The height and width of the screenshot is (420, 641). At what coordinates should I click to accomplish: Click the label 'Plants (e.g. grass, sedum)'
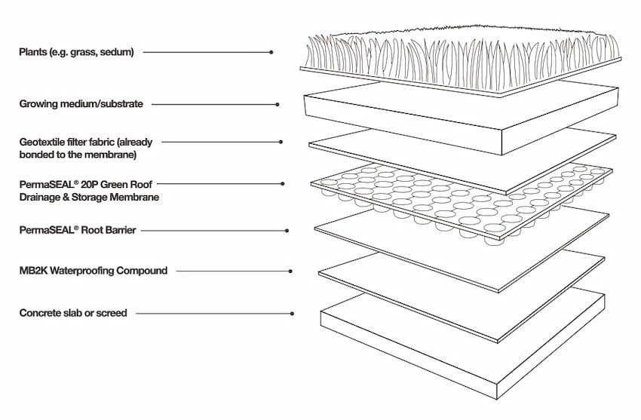pyautogui.click(x=76, y=52)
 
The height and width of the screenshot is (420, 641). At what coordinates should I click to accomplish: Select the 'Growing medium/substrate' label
pyautogui.click(x=81, y=104)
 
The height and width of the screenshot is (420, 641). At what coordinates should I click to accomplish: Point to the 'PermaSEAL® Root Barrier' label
pyautogui.click(x=78, y=230)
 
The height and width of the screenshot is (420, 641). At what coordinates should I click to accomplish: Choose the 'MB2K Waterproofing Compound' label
pyautogui.click(x=94, y=271)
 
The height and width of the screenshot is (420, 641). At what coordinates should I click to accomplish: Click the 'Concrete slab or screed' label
pyautogui.click(x=73, y=312)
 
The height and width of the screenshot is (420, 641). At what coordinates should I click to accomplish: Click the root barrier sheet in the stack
pyautogui.click(x=460, y=241)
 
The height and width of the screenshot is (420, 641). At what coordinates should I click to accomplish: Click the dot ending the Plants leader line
pyautogui.click(x=271, y=52)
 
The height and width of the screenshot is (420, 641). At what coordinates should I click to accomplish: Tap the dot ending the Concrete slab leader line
pyautogui.click(x=293, y=312)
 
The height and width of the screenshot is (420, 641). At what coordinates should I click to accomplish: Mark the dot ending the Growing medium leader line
pyautogui.click(x=278, y=104)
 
